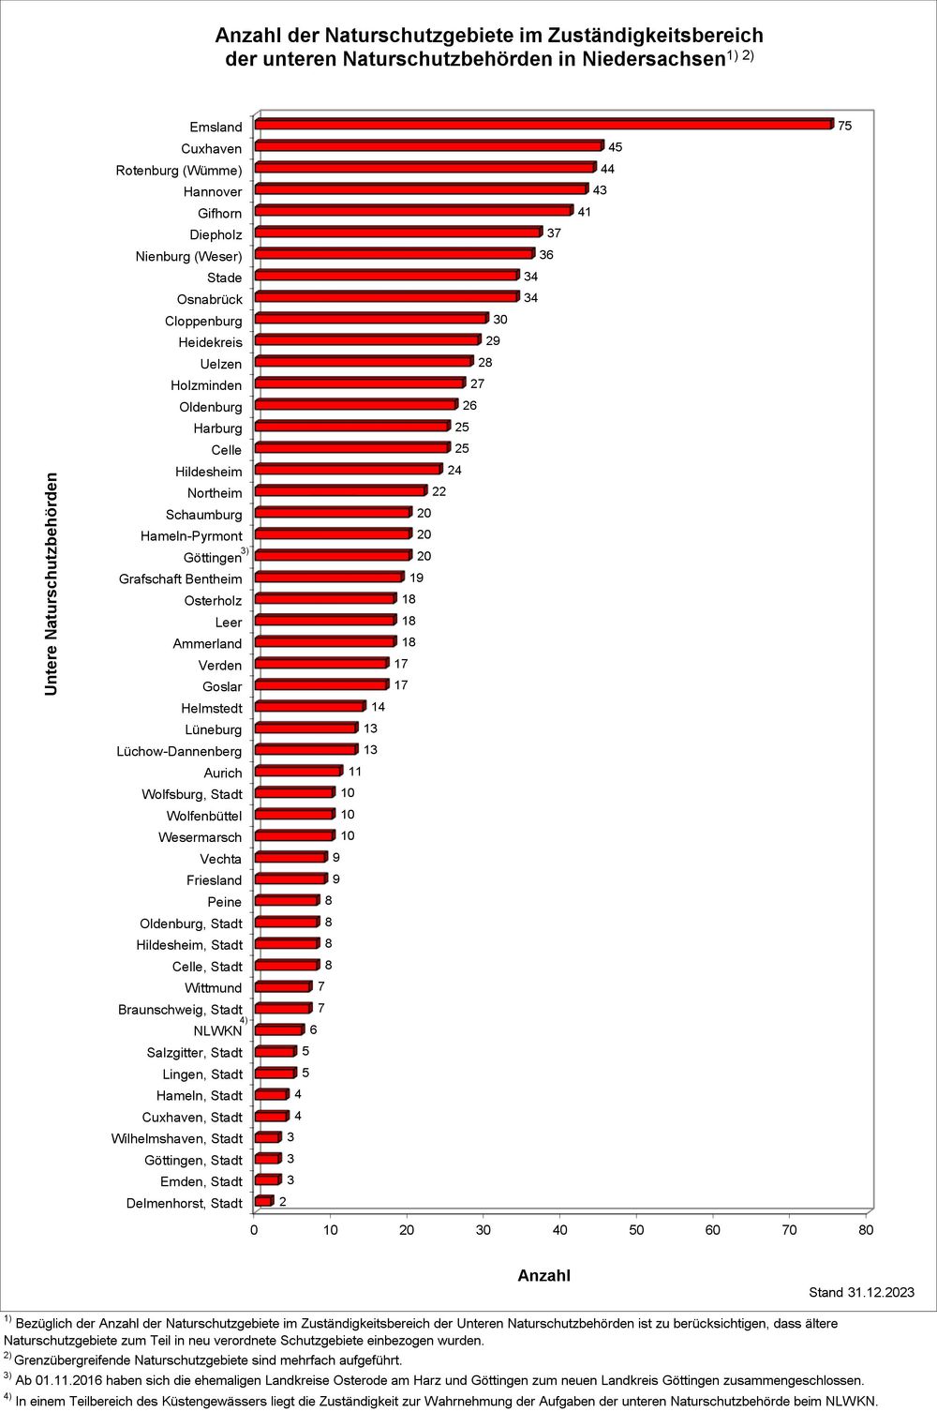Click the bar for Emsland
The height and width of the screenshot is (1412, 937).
click(543, 125)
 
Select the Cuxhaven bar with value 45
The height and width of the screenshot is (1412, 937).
click(429, 146)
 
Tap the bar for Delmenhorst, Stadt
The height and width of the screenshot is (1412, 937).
click(264, 1202)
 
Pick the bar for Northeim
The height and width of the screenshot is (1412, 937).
click(341, 491)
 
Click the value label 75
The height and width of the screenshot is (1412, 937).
click(844, 126)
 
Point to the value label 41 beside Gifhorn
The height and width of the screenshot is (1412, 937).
click(585, 212)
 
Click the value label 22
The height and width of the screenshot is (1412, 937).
click(439, 491)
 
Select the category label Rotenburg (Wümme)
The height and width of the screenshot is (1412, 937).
click(179, 170)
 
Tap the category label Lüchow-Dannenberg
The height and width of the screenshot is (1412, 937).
click(179, 751)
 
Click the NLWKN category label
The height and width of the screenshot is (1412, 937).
click(217, 1030)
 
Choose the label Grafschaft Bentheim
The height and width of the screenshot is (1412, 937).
click(180, 578)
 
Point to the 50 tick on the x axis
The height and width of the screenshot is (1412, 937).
click(636, 1230)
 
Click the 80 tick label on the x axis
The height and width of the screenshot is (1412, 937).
click(866, 1230)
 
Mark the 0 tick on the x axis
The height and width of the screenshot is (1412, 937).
click(254, 1230)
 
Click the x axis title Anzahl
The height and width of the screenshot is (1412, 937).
click(543, 1275)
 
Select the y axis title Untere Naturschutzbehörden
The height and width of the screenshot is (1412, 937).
click(51, 583)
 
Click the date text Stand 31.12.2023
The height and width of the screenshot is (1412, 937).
click(861, 1293)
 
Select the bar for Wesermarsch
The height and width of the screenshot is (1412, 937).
click(294, 835)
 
